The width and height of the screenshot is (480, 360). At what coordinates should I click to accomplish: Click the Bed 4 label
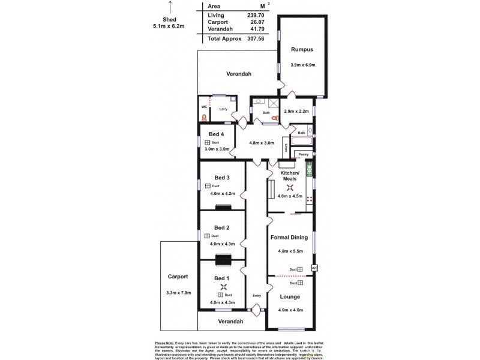point(217,134)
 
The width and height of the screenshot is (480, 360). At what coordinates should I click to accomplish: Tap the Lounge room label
point(290,297)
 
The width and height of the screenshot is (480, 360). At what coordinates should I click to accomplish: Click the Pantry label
point(304,154)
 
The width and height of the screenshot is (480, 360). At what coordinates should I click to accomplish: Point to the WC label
point(204,107)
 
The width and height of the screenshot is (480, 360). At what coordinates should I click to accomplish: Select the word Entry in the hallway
point(257,295)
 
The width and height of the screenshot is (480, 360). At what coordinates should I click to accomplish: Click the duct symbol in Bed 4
point(207,143)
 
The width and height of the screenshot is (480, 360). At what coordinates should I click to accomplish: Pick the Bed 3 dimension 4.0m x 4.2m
point(223,194)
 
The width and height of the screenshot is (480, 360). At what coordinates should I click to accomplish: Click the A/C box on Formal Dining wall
point(314,268)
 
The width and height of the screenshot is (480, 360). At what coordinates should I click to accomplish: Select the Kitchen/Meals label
point(291,176)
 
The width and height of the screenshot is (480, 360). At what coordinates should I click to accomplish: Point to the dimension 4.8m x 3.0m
point(261,143)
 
